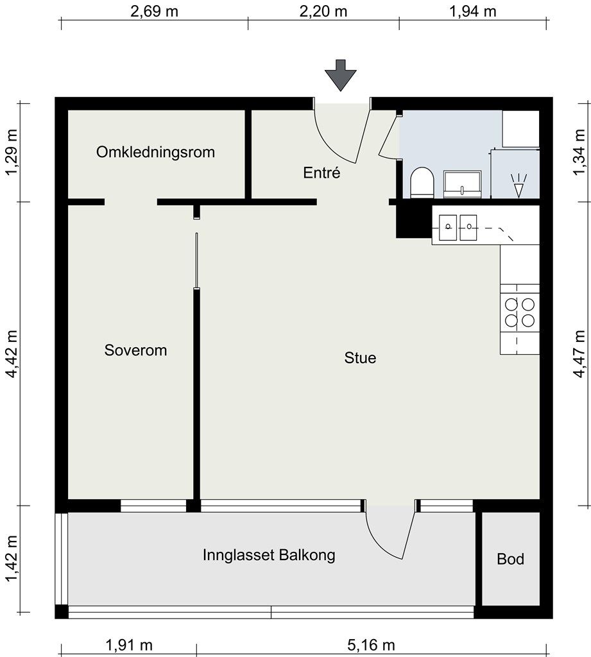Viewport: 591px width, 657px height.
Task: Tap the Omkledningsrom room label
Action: click(155, 151)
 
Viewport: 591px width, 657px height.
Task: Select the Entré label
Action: click(321, 172)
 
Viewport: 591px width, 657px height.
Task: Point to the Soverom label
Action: click(135, 350)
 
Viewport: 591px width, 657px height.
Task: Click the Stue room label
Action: click(360, 357)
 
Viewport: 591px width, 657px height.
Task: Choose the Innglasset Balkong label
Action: click(269, 555)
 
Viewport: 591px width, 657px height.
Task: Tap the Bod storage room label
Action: click(510, 559)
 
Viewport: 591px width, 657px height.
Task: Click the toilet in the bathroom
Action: click(421, 182)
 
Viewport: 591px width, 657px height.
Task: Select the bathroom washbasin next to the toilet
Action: click(462, 183)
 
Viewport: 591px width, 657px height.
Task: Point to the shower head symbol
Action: click(518, 185)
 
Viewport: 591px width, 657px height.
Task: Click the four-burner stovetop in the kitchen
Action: click(520, 312)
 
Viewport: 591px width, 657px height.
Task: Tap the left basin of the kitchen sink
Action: click(448, 227)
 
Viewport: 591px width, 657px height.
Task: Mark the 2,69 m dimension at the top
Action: click(154, 11)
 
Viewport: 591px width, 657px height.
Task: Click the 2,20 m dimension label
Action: click(323, 11)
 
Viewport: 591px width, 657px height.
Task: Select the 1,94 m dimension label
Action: click(473, 11)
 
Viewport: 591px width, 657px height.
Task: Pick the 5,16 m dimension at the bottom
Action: click(371, 644)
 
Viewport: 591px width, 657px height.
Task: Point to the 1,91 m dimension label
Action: click(129, 644)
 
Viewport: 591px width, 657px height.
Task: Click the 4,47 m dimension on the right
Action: click(579, 354)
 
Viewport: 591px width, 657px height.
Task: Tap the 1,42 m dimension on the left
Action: click(12, 559)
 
